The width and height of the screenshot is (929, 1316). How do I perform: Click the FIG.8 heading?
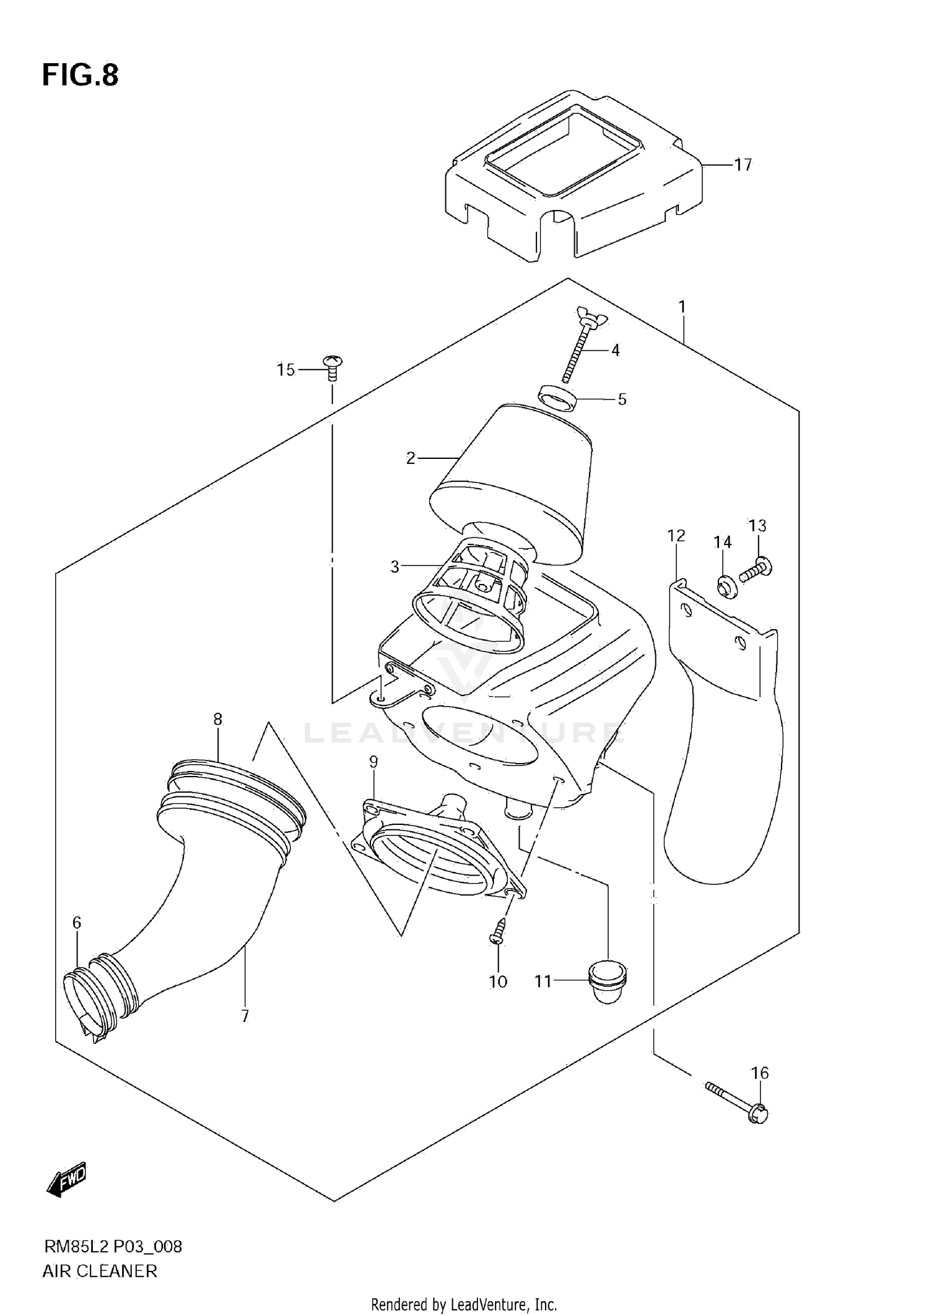coord(80,76)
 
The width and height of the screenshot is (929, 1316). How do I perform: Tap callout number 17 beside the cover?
coord(743,165)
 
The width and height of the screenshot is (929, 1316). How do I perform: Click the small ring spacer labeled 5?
coord(557,398)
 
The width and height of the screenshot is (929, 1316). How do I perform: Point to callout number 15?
coord(286,370)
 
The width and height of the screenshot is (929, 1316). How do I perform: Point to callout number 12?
coord(676,536)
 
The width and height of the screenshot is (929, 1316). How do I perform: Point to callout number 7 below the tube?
coord(245,1016)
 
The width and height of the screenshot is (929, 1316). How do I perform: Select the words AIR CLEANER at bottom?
coord(100,1271)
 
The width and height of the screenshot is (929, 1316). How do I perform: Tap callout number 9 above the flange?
coord(373,762)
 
